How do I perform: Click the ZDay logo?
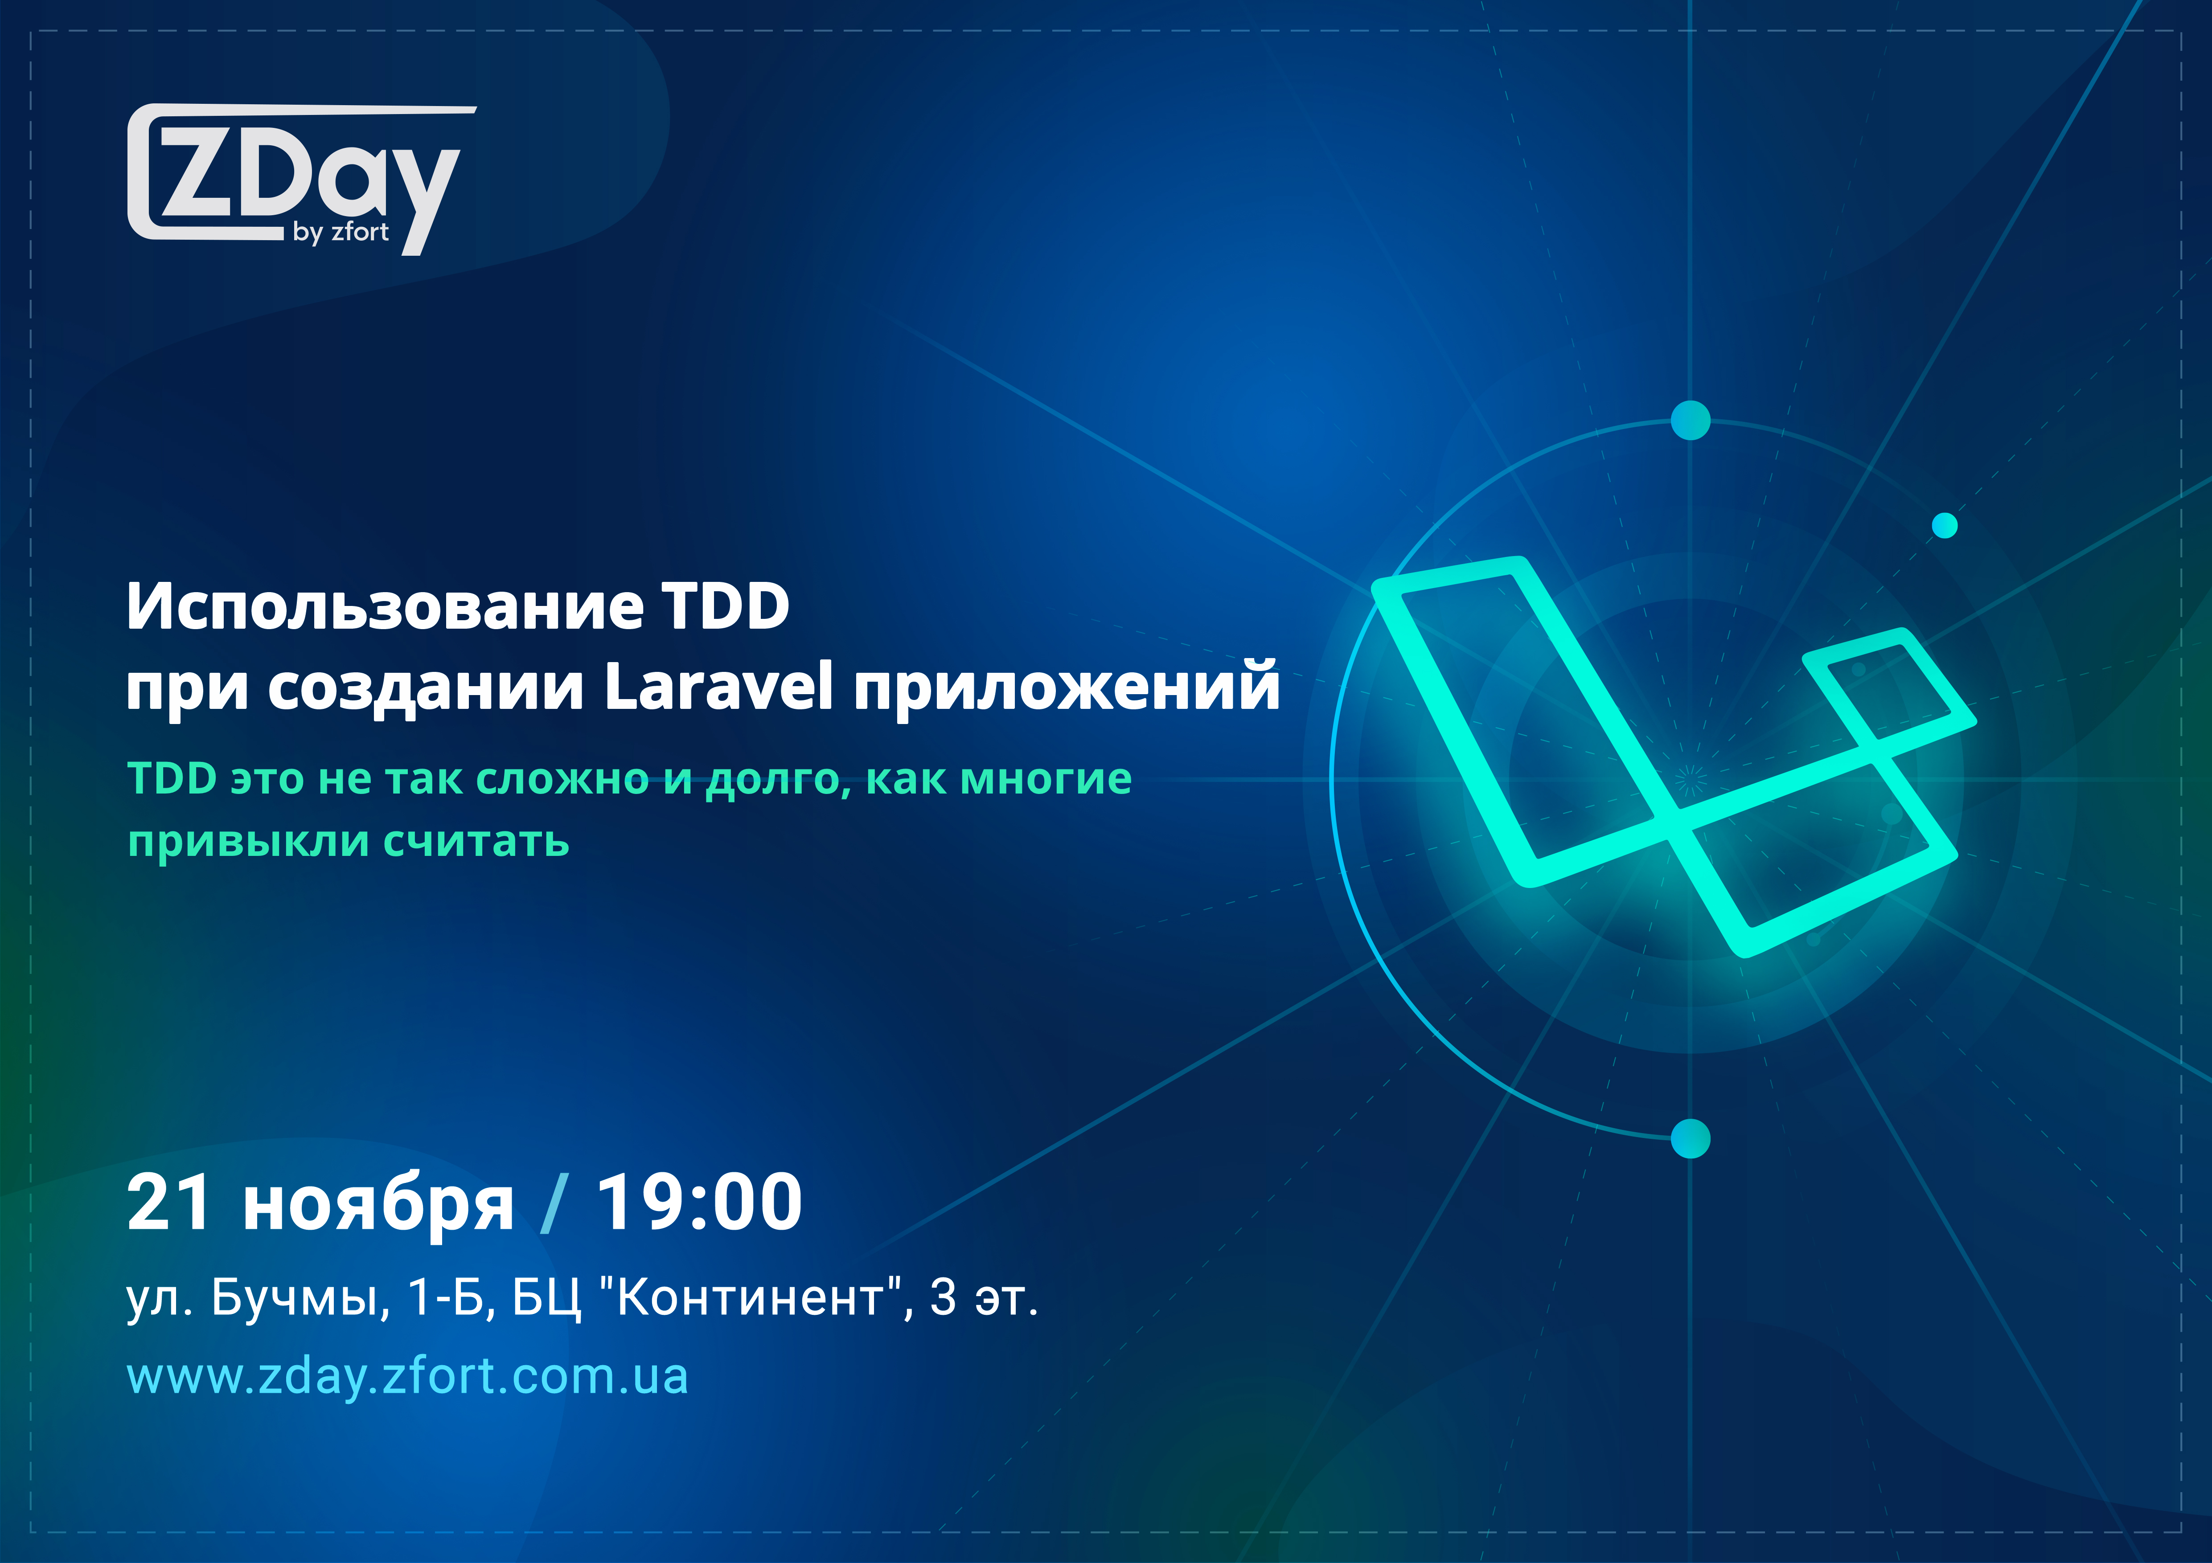[x=299, y=178]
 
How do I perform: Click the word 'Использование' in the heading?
[x=386, y=607]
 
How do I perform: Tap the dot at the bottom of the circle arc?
[x=1690, y=1138]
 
